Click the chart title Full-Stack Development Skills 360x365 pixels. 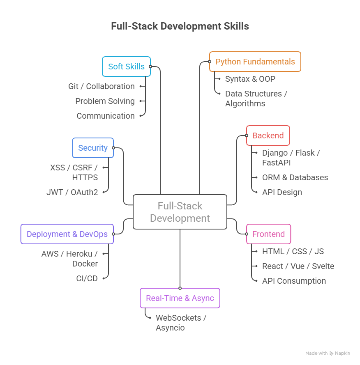180,26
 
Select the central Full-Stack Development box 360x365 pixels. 180,212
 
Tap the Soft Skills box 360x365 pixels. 126,67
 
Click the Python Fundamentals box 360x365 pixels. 255,62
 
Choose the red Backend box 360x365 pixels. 268,135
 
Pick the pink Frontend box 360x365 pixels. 268,234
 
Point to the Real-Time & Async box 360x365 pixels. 180,298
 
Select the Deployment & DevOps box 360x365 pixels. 67,234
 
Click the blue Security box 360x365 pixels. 93,148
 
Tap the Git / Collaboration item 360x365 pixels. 102,86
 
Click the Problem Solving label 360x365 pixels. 105,101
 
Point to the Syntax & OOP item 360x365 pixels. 250,79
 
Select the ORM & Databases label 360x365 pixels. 295,177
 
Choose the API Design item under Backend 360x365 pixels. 282,192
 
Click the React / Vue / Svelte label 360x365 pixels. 298,266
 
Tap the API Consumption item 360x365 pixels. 294,281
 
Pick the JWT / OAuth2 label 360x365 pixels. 72,192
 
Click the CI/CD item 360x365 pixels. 87,278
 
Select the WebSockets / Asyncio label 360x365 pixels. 181,323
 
